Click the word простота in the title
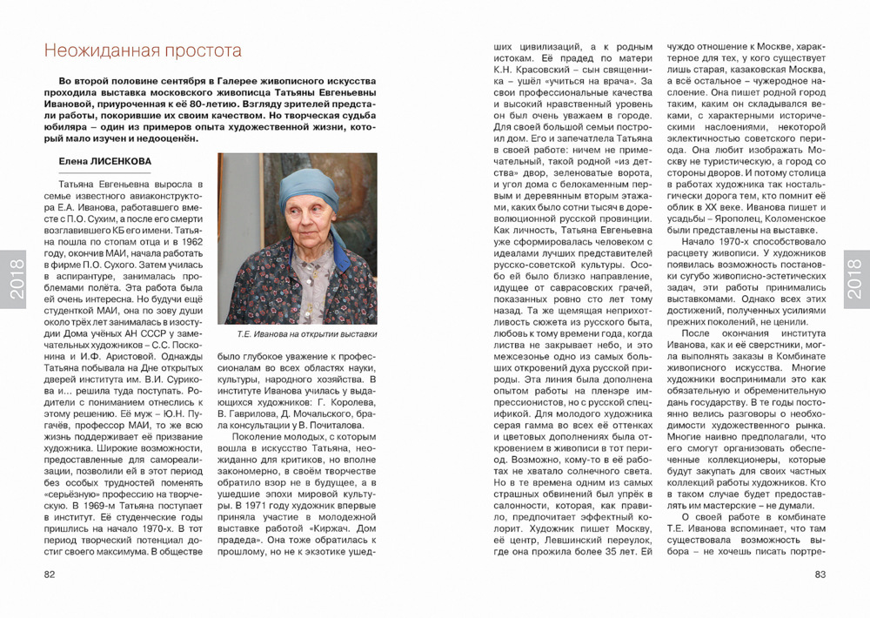(198, 51)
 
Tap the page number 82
(50, 574)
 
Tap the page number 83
(820, 574)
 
